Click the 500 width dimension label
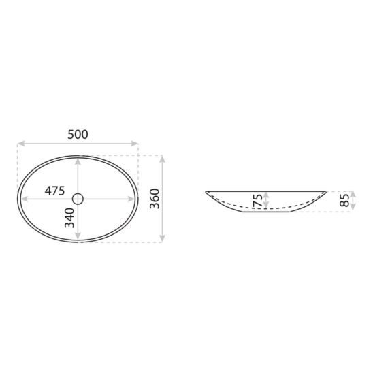click(78, 134)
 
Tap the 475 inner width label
click(54, 191)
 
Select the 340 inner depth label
click(69, 218)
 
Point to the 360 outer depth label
click(155, 198)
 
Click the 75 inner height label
click(258, 200)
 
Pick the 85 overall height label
click(344, 200)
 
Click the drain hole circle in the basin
click(78, 199)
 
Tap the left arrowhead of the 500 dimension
click(21, 143)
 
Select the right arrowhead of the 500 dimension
click(135, 143)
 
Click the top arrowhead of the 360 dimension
click(162, 159)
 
